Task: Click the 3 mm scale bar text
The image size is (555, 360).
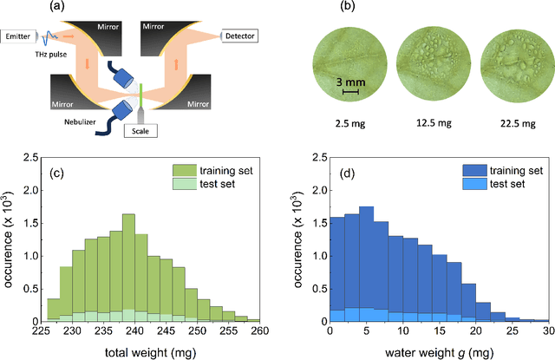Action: pyautogui.click(x=350, y=82)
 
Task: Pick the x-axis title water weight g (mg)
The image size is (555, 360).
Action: pyautogui.click(x=439, y=350)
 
